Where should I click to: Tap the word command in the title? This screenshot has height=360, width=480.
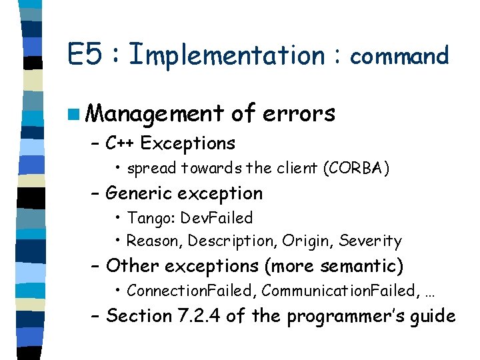click(399, 56)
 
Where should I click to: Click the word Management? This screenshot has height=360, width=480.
click(154, 115)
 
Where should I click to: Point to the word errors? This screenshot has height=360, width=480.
click(299, 114)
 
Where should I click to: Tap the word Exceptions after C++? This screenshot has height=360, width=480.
click(188, 143)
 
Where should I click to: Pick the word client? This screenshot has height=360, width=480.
click(297, 169)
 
